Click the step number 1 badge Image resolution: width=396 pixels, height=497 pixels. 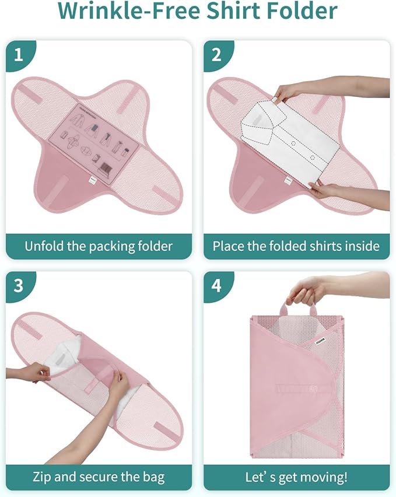tap(19, 55)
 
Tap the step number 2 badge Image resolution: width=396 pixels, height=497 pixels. tap(216, 55)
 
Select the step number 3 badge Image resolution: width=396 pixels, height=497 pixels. tap(19, 286)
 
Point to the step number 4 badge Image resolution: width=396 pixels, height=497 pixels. tap(216, 286)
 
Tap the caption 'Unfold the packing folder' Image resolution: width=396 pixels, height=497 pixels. tap(99, 246)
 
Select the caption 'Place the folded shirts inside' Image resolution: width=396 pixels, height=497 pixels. tap(296, 246)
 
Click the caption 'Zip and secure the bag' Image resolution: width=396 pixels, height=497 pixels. tap(99, 477)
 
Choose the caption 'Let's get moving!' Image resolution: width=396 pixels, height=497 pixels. tap(296, 477)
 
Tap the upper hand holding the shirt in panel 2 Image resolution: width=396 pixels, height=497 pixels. tap(290, 90)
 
